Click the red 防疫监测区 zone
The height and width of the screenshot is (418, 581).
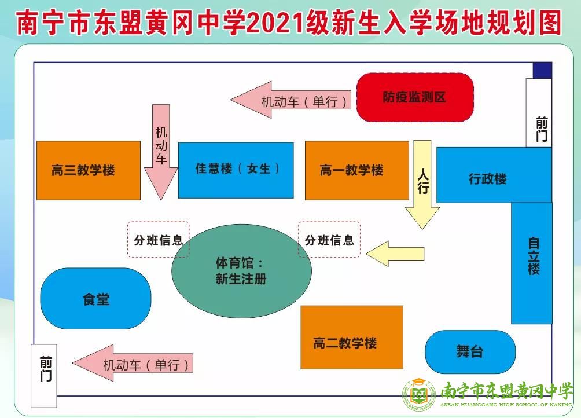pos(415,97)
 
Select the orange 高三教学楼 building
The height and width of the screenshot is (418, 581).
pos(89,170)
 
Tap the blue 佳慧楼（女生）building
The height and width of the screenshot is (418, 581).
pos(236,170)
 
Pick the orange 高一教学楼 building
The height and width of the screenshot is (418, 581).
pos(357,170)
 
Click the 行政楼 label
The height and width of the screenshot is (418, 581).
pos(488,179)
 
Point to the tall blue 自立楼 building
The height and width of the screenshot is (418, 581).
pos(532,263)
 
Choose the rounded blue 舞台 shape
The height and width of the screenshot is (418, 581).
pos(470,351)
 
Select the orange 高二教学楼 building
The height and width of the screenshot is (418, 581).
pos(352,337)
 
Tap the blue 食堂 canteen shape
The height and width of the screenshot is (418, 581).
pos(95,298)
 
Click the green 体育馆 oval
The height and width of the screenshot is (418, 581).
pos(241,271)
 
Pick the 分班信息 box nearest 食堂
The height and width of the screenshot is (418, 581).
pos(159,239)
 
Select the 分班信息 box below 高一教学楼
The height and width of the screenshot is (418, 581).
pos(329,239)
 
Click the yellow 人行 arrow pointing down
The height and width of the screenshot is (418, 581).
pos(422,185)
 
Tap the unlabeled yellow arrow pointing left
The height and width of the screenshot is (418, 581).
pos(395,254)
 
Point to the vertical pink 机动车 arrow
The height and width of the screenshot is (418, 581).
pos(161,152)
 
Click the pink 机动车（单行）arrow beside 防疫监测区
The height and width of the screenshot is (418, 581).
pos(290,100)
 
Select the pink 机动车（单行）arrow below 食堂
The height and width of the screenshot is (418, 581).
pos(133,363)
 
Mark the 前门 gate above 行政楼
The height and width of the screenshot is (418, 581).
pos(539,113)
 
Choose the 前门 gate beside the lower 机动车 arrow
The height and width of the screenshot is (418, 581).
pos(44,376)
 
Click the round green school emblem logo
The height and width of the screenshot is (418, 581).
pos(419,395)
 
